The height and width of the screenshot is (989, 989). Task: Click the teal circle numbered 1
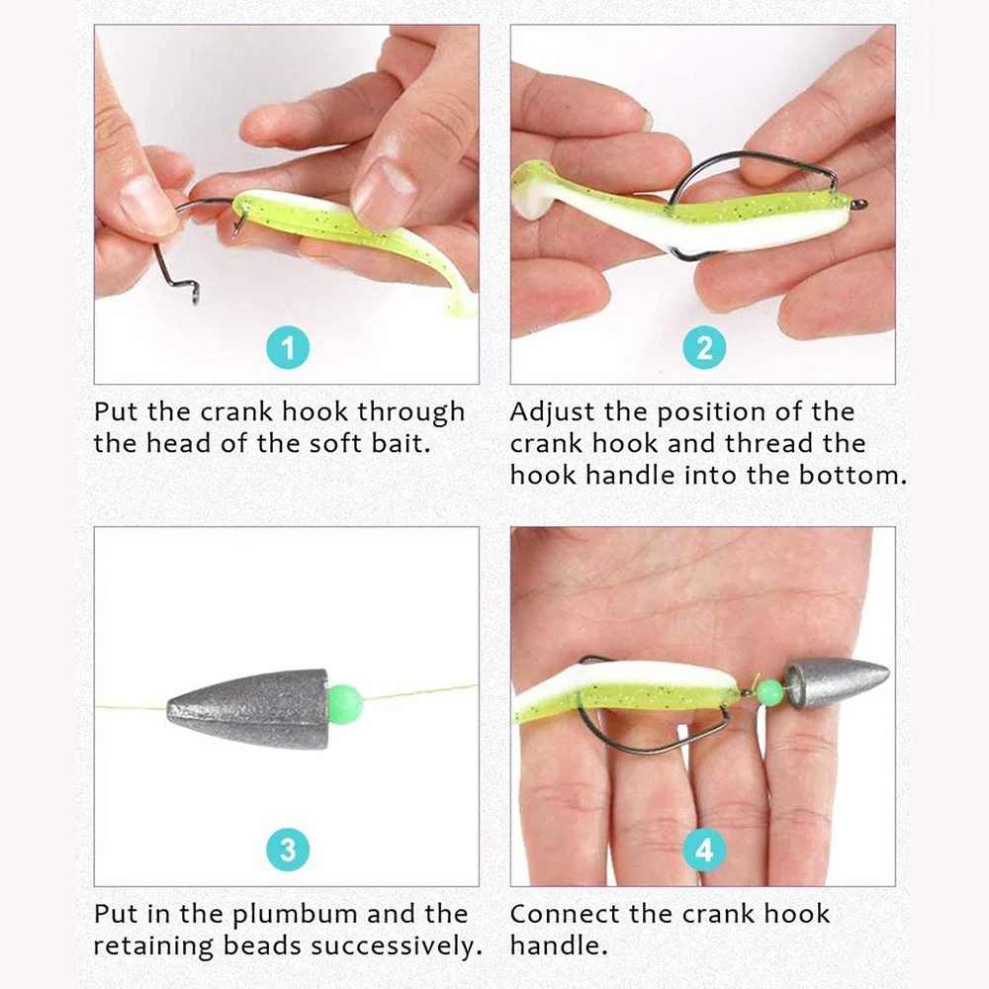[x=288, y=348]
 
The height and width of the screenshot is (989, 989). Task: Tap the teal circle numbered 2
[x=704, y=348]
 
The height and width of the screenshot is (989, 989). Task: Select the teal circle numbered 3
[x=288, y=850]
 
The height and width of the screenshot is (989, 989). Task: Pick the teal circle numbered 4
[x=704, y=850]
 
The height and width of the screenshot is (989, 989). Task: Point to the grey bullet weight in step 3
[x=247, y=708]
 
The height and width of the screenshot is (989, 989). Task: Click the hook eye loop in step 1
[x=194, y=294]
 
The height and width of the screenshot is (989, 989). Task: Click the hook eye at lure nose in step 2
[x=859, y=205]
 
